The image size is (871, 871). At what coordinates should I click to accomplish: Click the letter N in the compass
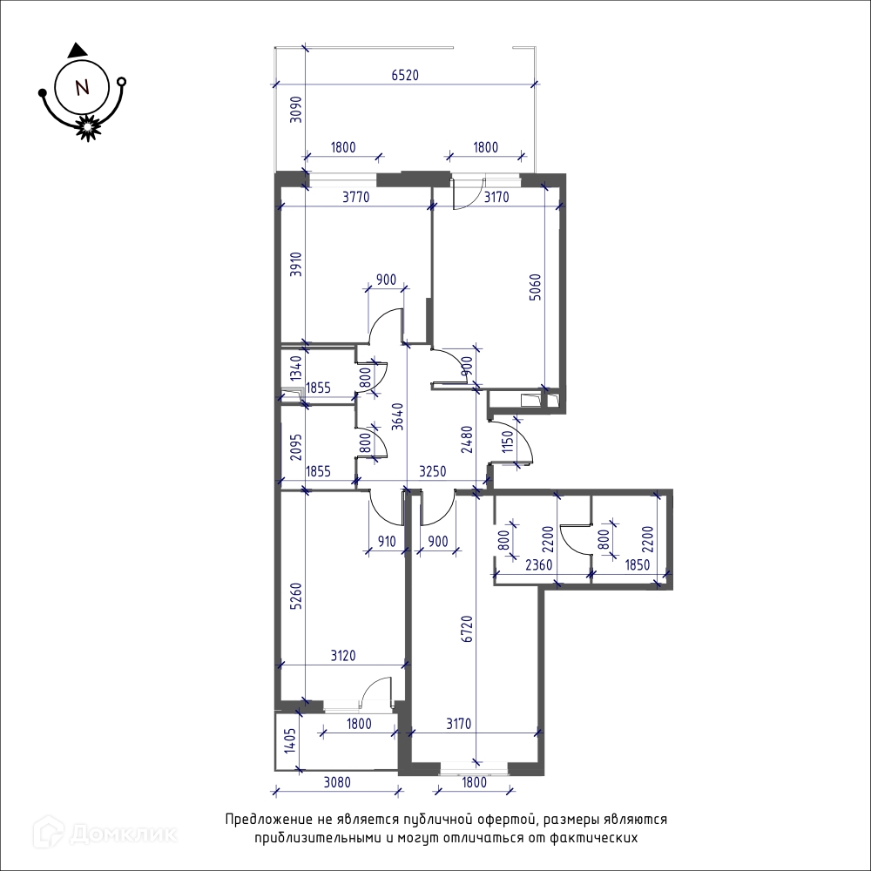[x=82, y=88]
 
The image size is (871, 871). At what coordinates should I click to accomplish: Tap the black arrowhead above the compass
[x=78, y=51]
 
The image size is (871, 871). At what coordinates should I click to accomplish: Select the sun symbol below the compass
[x=87, y=126]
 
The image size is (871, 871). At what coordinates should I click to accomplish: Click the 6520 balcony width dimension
[x=405, y=75]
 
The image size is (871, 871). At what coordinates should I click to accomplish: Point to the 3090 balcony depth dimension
[x=297, y=110]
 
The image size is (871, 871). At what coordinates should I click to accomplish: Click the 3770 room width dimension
[x=355, y=197]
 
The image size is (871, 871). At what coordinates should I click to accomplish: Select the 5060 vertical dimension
[x=535, y=287]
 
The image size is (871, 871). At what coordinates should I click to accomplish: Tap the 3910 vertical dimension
[x=297, y=265]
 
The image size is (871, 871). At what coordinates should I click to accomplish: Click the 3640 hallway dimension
[x=398, y=416]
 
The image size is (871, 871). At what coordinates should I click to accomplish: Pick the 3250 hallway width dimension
[x=432, y=471]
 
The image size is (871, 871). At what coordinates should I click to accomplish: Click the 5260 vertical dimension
[x=297, y=596]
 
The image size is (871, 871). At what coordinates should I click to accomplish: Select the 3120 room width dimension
[x=342, y=656]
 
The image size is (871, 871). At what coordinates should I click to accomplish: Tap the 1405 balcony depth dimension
[x=290, y=740]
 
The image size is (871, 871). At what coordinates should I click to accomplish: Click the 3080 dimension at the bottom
[x=337, y=783]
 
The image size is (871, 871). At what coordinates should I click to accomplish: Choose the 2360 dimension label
[x=539, y=565]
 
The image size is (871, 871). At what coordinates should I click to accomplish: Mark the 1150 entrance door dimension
[x=508, y=442]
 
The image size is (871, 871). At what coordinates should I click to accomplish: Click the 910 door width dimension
[x=387, y=541]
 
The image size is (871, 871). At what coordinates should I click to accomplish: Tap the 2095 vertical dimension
[x=297, y=447]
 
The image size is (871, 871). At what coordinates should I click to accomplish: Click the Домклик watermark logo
[x=105, y=834]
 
